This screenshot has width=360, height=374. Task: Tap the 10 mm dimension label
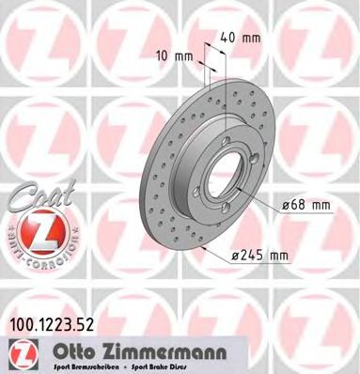coord(180,55)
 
